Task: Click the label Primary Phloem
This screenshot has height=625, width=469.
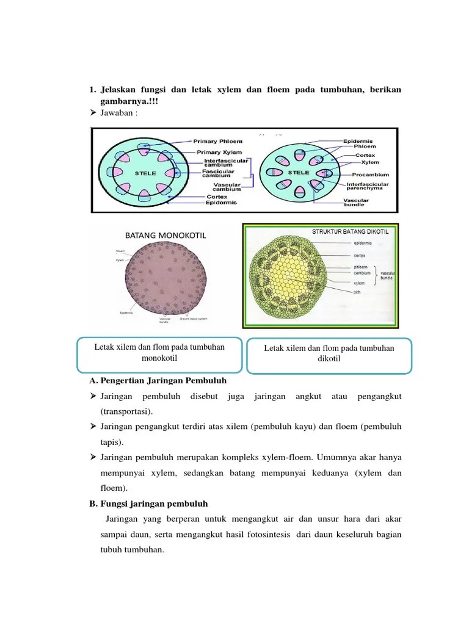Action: pyautogui.click(x=217, y=140)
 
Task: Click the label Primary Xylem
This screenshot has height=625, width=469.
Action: pyautogui.click(x=218, y=152)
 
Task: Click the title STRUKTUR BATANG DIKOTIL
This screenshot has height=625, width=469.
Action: pyautogui.click(x=350, y=231)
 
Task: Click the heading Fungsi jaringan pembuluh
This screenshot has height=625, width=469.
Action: pyautogui.click(x=154, y=504)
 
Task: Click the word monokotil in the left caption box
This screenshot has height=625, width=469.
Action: pyautogui.click(x=159, y=358)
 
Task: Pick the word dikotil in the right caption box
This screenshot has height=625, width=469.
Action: pyautogui.click(x=329, y=358)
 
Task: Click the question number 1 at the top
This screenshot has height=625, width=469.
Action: pyautogui.click(x=92, y=90)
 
